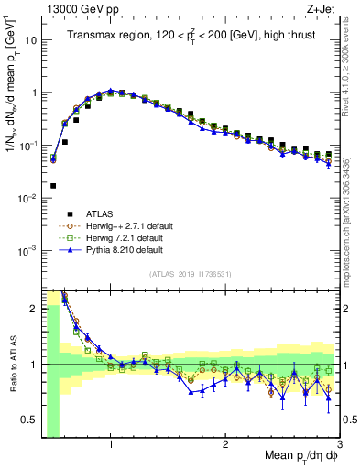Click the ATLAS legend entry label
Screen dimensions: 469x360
click(95, 215)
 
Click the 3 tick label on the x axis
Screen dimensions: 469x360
click(340, 446)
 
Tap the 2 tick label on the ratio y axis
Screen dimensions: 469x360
click(34, 308)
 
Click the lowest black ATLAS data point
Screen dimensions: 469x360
click(53, 185)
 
